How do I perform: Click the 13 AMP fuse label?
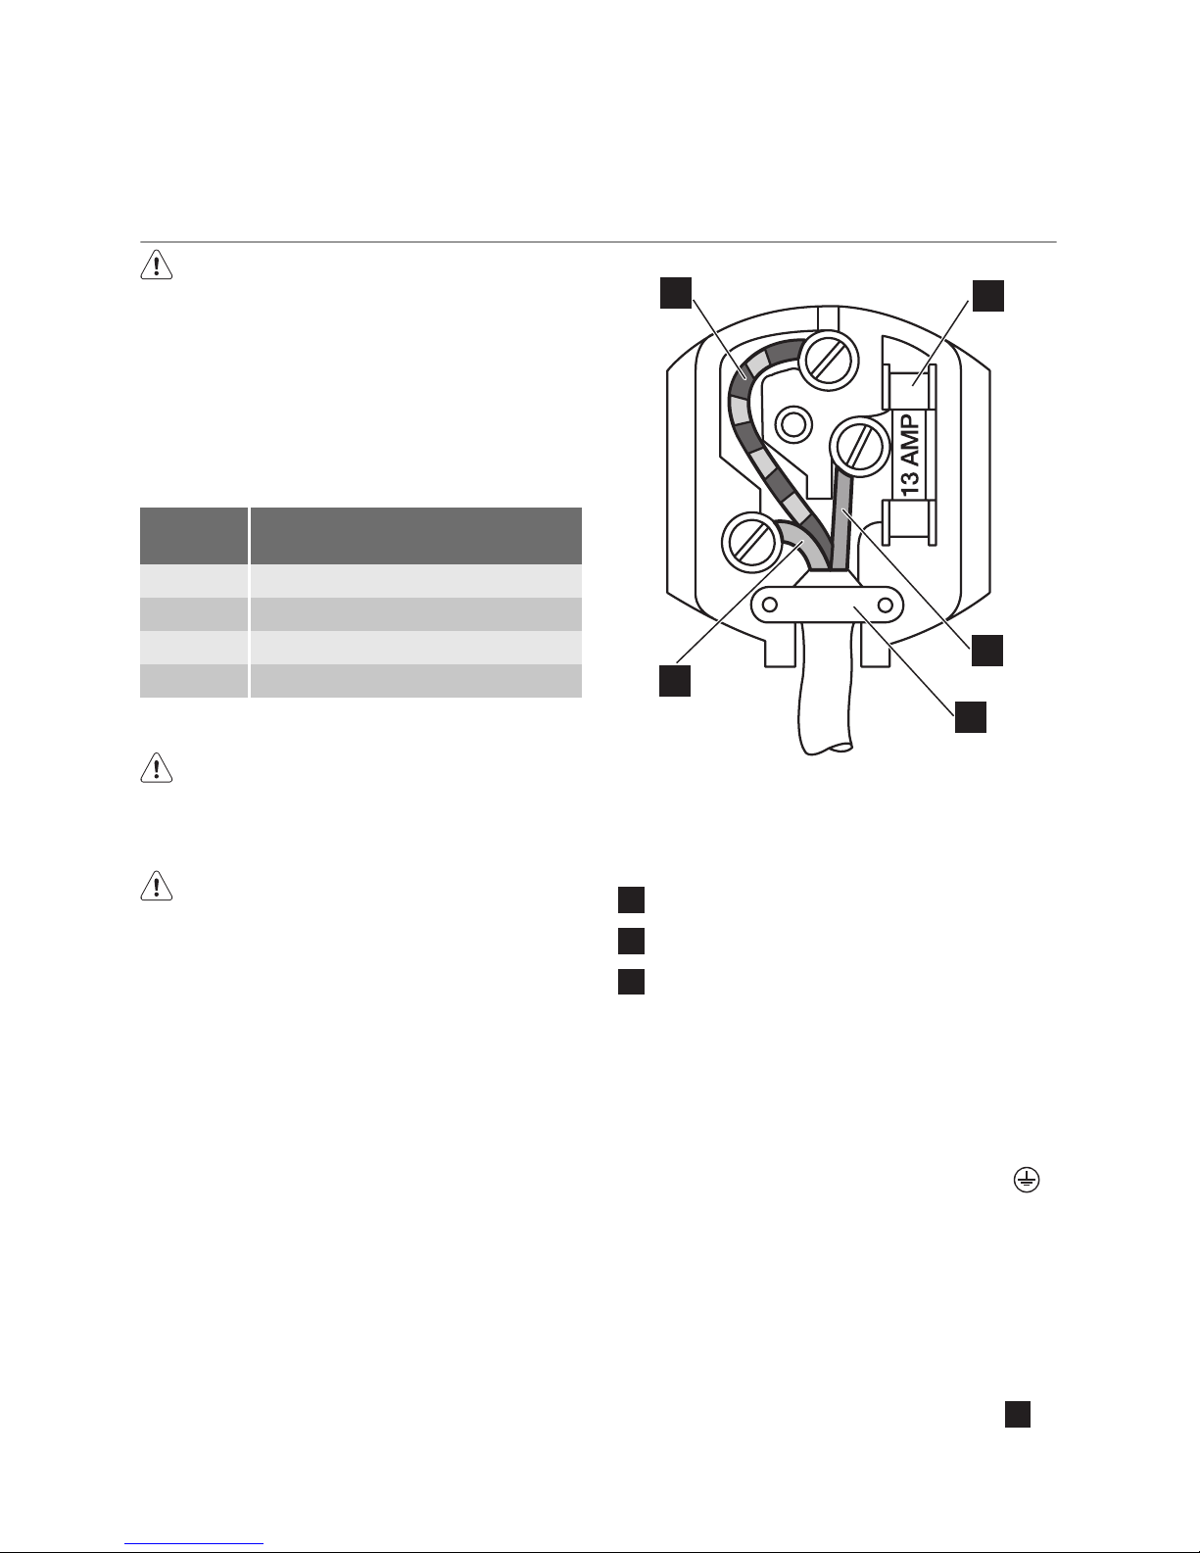910,456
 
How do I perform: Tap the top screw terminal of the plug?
827,362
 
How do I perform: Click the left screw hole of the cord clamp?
770,606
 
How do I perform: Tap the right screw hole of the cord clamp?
886,606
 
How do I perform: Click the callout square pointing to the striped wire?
676,292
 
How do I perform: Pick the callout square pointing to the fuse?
987,295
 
